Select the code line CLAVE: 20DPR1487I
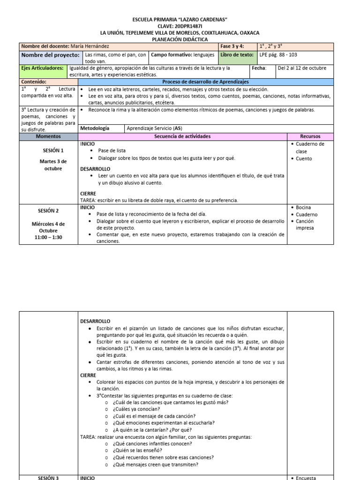point(180,26)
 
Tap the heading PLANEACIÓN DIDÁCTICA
point(180,40)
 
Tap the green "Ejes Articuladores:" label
point(43,68)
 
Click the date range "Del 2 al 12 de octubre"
point(302,68)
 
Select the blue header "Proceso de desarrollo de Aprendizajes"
point(205,82)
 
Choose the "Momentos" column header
point(48,136)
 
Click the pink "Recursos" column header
point(310,136)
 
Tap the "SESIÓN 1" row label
point(53,150)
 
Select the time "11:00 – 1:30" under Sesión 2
point(48,237)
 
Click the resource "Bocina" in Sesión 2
point(304,207)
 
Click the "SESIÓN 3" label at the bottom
point(48,478)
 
